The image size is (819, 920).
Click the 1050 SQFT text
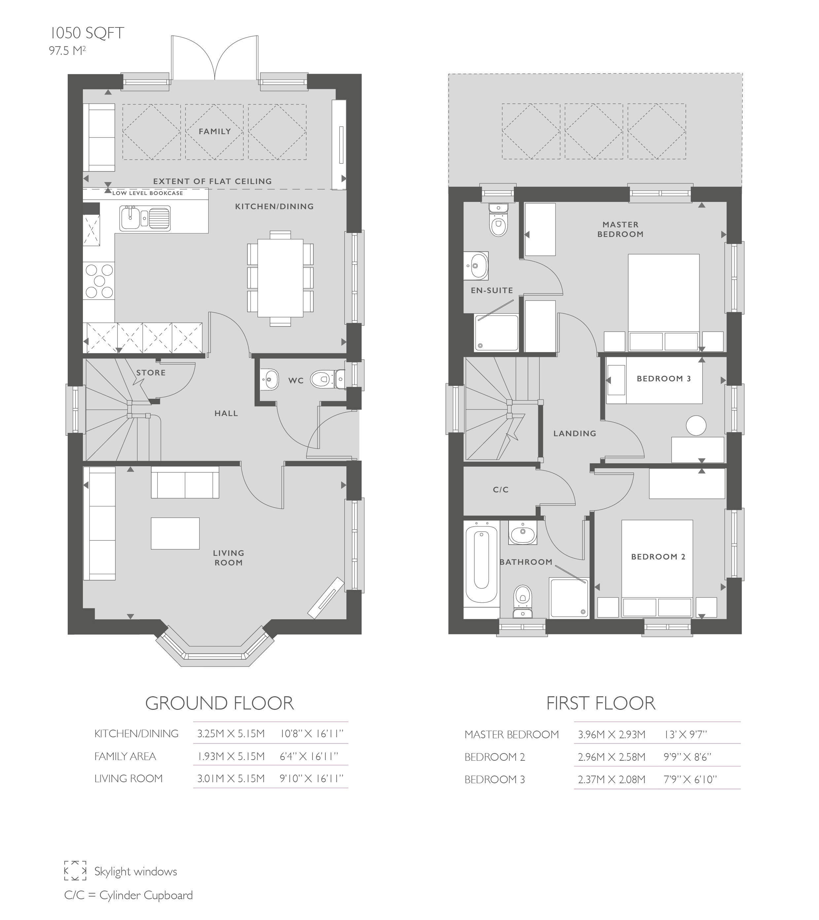pyautogui.click(x=87, y=33)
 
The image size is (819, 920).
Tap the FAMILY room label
pyautogui.click(x=215, y=132)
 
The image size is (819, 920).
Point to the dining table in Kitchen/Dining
pyautogui.click(x=280, y=278)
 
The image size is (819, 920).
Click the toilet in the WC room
pyautogui.click(x=325, y=379)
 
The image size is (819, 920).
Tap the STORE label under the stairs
pyautogui.click(x=151, y=373)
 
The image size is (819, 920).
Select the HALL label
pyautogui.click(x=226, y=413)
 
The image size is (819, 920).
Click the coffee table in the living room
pyautogui.click(x=175, y=533)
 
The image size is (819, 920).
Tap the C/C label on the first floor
pyautogui.click(x=500, y=489)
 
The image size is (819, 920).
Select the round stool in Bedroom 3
pyautogui.click(x=696, y=425)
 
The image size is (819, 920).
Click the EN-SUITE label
pyautogui.click(x=492, y=290)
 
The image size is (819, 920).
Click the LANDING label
pyautogui.click(x=575, y=433)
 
